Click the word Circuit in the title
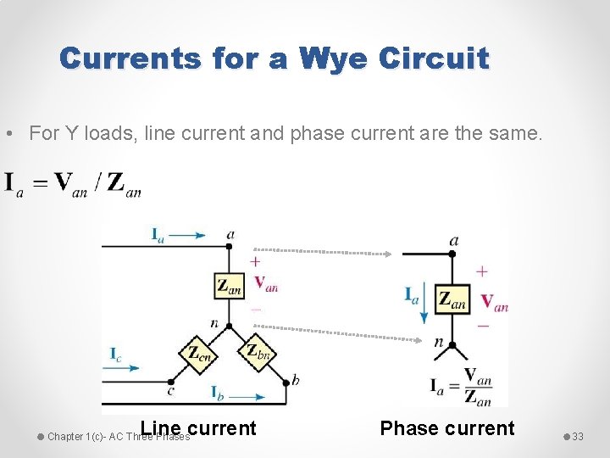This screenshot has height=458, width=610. pyautogui.click(x=435, y=59)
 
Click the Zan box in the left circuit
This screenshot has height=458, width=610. pyautogui.click(x=229, y=286)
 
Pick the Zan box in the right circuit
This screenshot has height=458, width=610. pyautogui.click(x=452, y=299)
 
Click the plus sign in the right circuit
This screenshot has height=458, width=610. pyautogui.click(x=481, y=272)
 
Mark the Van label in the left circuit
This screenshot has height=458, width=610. pyautogui.click(x=265, y=284)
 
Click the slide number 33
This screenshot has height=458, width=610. pyautogui.click(x=578, y=436)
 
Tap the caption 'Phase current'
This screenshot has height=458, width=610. pyautogui.click(x=447, y=428)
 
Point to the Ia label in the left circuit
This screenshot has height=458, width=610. pyautogui.click(x=158, y=234)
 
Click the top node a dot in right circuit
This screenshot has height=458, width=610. pyautogui.click(x=452, y=254)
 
